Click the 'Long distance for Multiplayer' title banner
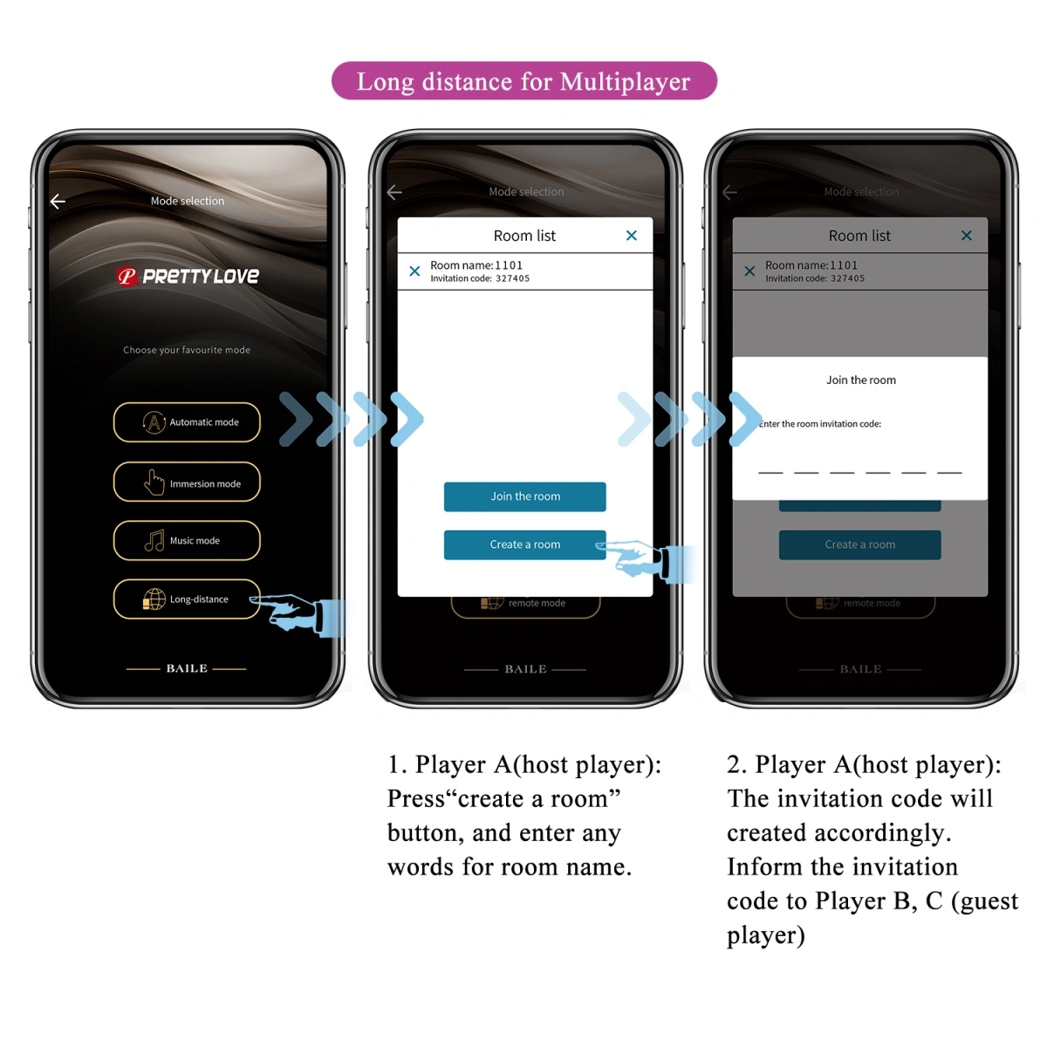click(523, 81)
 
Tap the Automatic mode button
click(187, 422)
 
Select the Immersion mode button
click(187, 482)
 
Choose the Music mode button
click(187, 541)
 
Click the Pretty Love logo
click(188, 277)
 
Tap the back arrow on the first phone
click(58, 202)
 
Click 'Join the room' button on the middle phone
click(524, 496)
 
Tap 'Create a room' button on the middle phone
click(524, 544)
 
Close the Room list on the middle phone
click(632, 236)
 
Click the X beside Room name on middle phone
click(414, 271)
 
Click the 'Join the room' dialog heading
click(860, 380)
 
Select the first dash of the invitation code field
click(770, 472)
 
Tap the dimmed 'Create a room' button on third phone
click(859, 544)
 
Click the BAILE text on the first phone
click(187, 668)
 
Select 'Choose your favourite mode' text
click(187, 350)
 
